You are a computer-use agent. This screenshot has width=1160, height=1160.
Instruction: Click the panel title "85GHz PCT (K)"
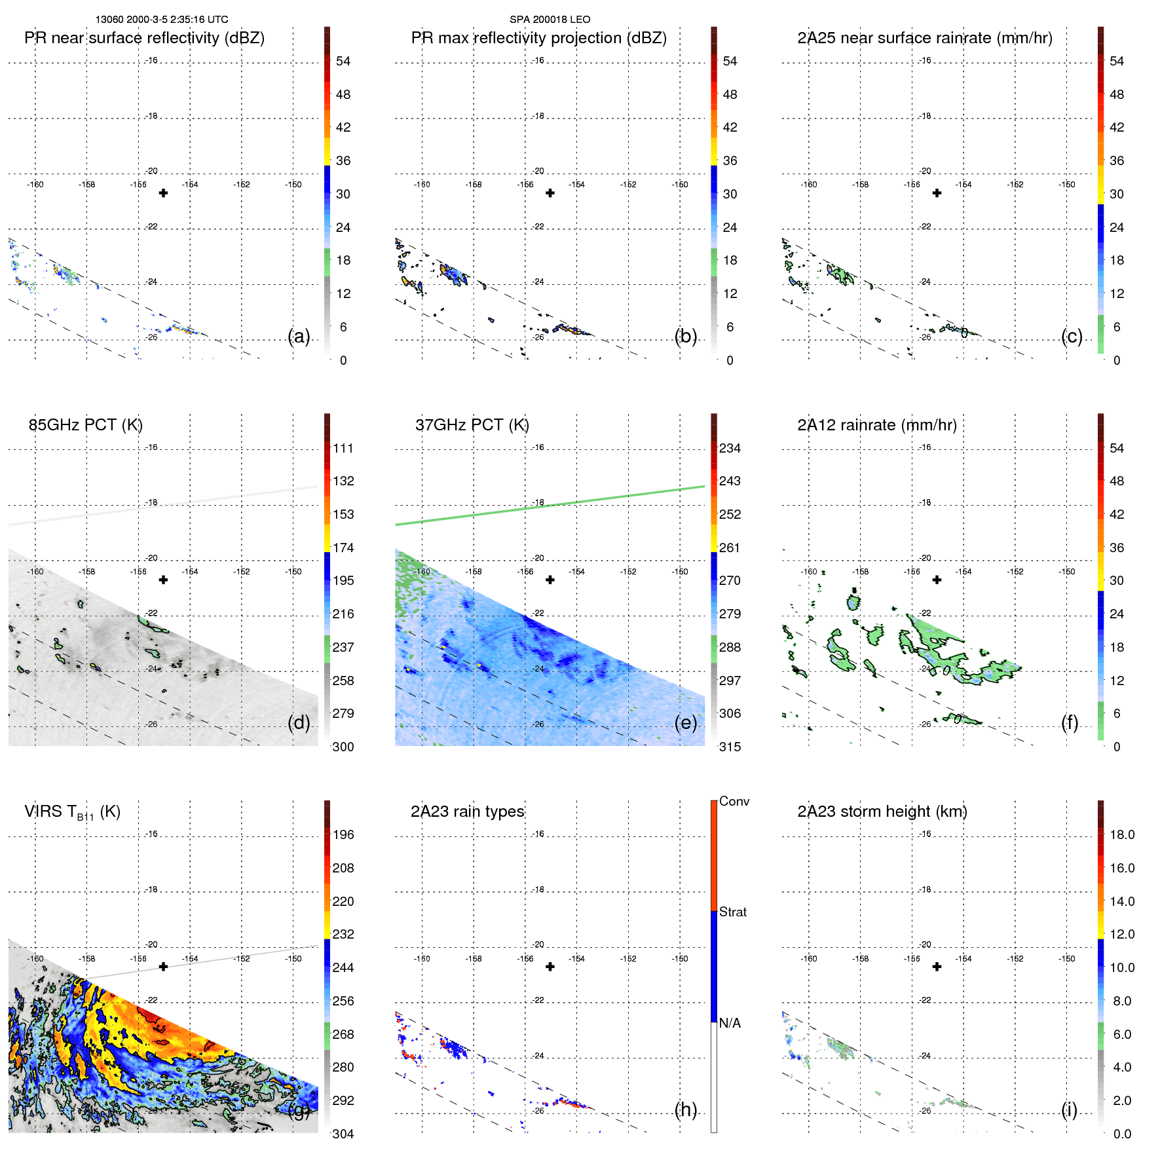tap(85, 425)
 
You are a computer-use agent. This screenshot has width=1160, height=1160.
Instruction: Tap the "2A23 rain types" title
tap(467, 812)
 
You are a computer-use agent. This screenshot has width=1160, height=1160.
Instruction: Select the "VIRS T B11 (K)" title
tap(72, 812)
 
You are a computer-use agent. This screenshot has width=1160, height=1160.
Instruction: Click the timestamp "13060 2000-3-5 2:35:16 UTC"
tap(162, 20)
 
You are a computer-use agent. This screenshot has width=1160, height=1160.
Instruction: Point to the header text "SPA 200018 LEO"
tap(550, 20)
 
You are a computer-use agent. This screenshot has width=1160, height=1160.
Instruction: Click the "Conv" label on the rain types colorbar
tap(734, 801)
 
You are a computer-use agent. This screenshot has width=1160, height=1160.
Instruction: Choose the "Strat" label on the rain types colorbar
tap(732, 912)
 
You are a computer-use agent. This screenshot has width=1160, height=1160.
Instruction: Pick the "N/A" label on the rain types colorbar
tap(731, 1023)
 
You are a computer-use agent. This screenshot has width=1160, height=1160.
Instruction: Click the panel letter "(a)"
tap(299, 336)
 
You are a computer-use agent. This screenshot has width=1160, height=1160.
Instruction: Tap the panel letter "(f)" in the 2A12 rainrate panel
tap(1069, 722)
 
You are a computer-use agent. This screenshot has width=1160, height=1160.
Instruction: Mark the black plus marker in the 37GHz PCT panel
tap(550, 580)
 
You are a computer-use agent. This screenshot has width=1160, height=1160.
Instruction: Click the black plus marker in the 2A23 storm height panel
tap(937, 966)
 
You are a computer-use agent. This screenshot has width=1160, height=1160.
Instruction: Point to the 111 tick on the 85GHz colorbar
tap(343, 448)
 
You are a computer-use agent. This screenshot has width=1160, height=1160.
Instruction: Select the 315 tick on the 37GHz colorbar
tap(730, 747)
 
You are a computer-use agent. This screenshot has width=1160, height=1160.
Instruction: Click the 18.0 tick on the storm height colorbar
tap(1121, 834)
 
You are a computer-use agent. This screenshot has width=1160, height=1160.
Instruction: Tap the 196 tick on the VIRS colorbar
tap(343, 834)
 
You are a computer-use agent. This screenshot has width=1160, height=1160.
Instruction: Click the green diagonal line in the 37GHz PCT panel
tap(550, 505)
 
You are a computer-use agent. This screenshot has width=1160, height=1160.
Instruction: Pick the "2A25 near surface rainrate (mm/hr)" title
tap(924, 38)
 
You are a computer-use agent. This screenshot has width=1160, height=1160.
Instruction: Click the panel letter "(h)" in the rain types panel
tap(685, 1110)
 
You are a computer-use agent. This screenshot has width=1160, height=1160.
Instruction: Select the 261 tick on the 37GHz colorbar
tap(730, 548)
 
